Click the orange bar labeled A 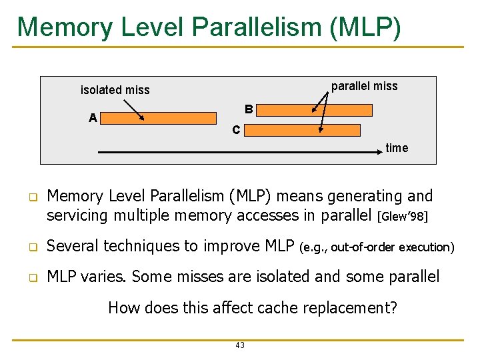coord(159,119)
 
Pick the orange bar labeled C coord(301,130)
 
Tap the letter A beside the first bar coord(93,118)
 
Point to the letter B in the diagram coord(248,109)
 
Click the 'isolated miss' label coord(115,90)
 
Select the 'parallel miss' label coord(364,86)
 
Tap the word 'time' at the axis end coord(397,148)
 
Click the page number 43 coord(240,345)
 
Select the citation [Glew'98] coord(402,217)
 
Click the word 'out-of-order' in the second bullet coord(363,247)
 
